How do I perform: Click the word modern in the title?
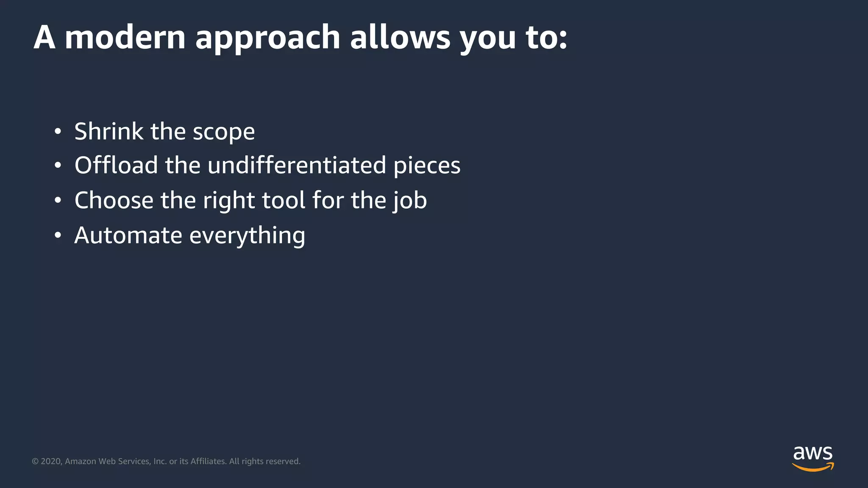pyautogui.click(x=125, y=37)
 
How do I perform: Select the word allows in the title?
pyautogui.click(x=400, y=37)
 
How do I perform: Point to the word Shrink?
pyautogui.click(x=109, y=131)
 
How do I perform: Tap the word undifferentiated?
pyautogui.click(x=297, y=165)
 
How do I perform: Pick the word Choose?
pyautogui.click(x=114, y=200)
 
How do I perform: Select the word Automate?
pyautogui.click(x=128, y=236)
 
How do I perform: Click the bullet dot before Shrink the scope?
pyautogui.click(x=58, y=132)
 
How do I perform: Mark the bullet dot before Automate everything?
pyautogui.click(x=58, y=236)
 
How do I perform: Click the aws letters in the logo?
pyautogui.click(x=812, y=453)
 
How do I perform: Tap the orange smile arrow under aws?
pyautogui.click(x=812, y=467)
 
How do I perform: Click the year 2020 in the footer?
pyautogui.click(x=51, y=461)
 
